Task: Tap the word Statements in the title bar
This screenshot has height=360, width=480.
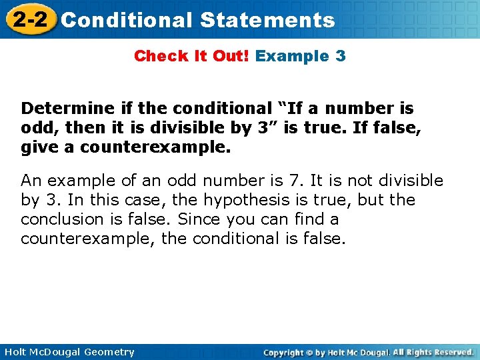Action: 267,20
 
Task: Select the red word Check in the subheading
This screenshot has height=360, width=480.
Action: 156,56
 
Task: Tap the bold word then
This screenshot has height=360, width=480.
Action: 73,127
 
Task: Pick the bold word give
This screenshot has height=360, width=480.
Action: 37,147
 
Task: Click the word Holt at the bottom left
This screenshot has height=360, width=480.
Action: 15,352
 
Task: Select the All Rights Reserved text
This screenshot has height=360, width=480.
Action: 433,352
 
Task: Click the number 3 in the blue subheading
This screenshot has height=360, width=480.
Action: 341,56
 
